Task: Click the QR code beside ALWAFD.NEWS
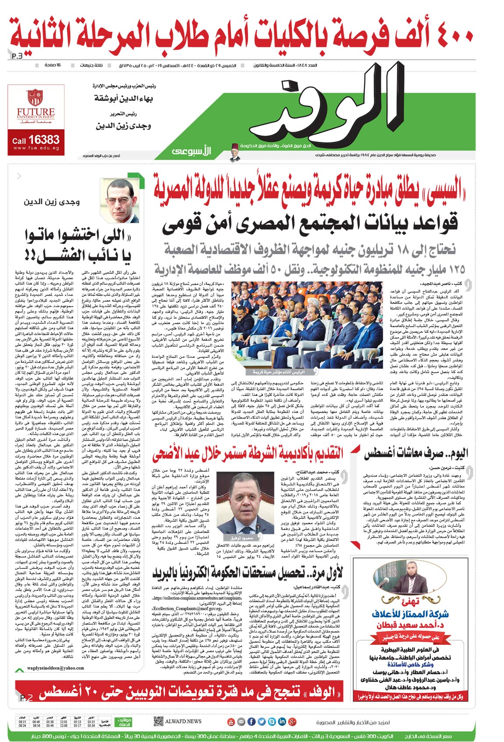point(159,721)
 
